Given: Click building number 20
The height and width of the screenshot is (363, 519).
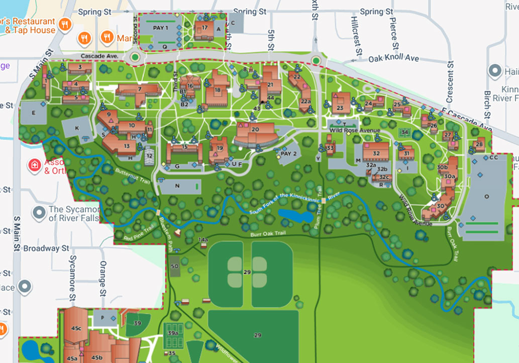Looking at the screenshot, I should (x=255, y=130).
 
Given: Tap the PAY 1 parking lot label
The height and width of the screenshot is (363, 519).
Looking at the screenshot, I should (x=160, y=28).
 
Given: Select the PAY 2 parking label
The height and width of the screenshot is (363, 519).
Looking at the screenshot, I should (x=289, y=153).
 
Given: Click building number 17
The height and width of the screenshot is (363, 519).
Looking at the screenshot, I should (x=204, y=29).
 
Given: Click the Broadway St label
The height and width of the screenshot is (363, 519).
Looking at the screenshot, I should (x=46, y=248).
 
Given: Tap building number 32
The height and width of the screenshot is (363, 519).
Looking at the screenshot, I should (x=376, y=153).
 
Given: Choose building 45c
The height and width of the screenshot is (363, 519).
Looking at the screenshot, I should (x=76, y=328).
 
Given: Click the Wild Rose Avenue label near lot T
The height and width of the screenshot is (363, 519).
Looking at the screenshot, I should (x=355, y=131).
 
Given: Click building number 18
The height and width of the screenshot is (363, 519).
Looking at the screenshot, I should (x=217, y=90).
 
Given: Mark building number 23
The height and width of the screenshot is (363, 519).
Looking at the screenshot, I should (x=340, y=107).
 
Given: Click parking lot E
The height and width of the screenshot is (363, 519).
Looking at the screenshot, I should (x=34, y=113).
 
